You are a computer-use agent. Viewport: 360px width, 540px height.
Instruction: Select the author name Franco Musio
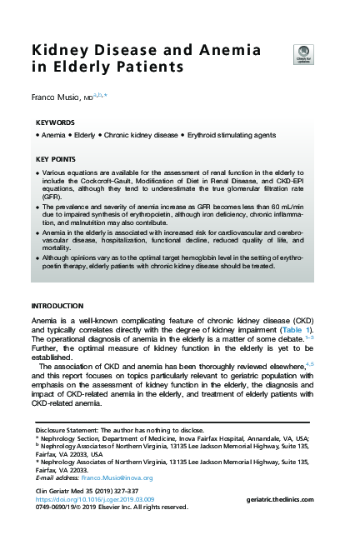58,98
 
